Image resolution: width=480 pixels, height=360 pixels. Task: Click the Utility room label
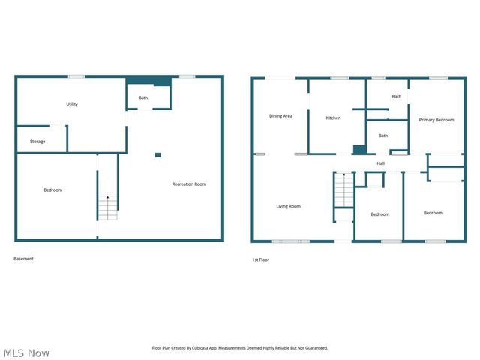pos(72,104)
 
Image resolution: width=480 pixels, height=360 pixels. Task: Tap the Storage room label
pos(37,142)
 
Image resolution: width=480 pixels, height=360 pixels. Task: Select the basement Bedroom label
pos(52,190)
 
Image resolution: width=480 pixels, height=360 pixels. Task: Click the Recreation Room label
pos(189,184)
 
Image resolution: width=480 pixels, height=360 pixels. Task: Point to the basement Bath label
pos(142,97)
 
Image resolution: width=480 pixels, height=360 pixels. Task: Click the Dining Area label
pos(280,116)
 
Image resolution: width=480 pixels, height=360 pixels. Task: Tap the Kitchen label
pos(333,118)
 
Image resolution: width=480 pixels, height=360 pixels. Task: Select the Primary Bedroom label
pos(436,120)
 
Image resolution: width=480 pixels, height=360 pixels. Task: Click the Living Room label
pos(288,206)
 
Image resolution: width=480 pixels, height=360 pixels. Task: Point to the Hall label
pos(381,163)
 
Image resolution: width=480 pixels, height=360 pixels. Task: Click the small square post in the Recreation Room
pos(157,155)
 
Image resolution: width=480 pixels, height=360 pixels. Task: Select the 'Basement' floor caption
pos(23,259)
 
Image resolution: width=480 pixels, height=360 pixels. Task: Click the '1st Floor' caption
pos(260,259)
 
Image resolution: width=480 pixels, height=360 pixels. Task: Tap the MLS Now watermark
pos(26,352)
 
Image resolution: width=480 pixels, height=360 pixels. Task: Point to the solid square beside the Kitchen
pos(359,149)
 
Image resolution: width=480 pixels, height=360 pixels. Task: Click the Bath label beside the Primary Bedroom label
pos(396,96)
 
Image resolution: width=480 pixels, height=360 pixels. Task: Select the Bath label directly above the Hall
pos(382,136)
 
